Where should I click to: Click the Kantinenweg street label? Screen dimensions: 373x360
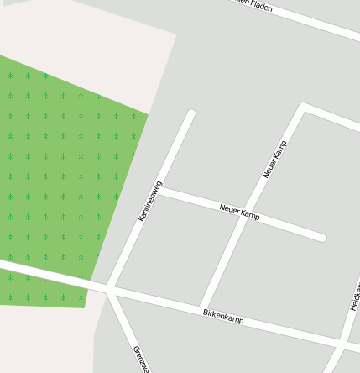(x=150, y=201)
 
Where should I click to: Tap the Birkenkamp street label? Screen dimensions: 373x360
(x=223, y=317)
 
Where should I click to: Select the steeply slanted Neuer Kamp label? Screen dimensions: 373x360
(x=274, y=160)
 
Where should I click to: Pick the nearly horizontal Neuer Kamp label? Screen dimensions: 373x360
(x=239, y=212)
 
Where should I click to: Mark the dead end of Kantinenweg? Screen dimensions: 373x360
(x=191, y=113)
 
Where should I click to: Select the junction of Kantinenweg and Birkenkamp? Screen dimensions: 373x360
(x=109, y=290)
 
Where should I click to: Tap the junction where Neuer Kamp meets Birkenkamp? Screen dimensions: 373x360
(x=201, y=307)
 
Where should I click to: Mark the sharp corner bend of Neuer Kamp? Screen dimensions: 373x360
(x=304, y=107)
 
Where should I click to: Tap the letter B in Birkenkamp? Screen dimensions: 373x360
(x=206, y=312)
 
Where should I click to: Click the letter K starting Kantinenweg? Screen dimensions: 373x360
(x=141, y=218)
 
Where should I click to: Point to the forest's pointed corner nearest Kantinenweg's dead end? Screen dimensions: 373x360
(x=149, y=115)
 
